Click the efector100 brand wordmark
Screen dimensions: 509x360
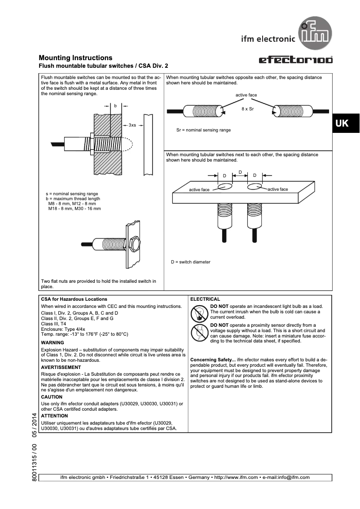coord(295,60)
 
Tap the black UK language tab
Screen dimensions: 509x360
coord(342,123)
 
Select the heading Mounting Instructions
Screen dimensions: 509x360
coord(75,58)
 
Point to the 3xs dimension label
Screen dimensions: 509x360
coord(132,125)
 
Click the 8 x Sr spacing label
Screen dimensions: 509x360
coord(247,109)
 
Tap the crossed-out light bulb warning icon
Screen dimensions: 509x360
coord(198,312)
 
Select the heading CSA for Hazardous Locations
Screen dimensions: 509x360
coord(74,299)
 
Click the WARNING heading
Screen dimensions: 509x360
coord(53,342)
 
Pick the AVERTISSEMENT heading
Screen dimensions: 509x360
coord(61,367)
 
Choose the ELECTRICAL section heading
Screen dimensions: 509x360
coord(205,299)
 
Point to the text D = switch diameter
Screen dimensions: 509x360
coord(190,262)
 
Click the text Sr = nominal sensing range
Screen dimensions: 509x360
coord(203,130)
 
